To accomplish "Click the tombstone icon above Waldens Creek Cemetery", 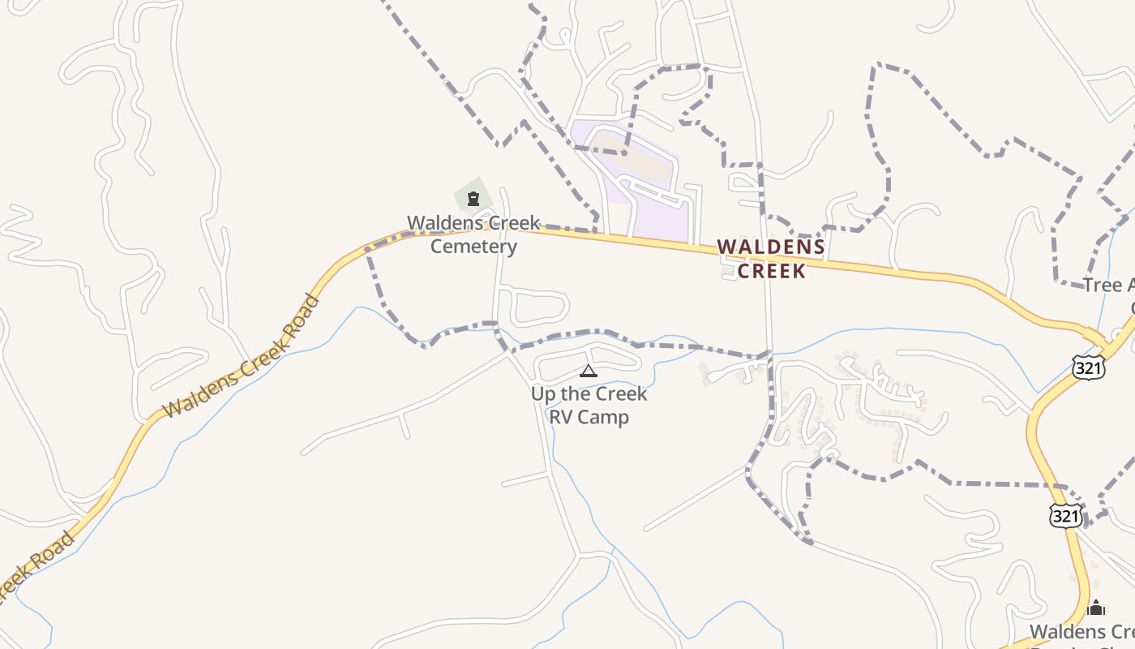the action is click(473, 198).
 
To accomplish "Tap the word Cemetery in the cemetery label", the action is click(473, 246).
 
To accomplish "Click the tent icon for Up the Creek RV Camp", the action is click(589, 372).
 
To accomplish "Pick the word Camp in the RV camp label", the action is click(605, 418).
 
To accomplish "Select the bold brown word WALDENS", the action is click(771, 247).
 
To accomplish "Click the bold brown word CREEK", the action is click(772, 270).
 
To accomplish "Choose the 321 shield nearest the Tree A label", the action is click(1088, 367).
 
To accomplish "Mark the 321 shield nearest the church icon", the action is click(1064, 515).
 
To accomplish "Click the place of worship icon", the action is click(1096, 607).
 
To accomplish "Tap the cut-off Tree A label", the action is click(1109, 285).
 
